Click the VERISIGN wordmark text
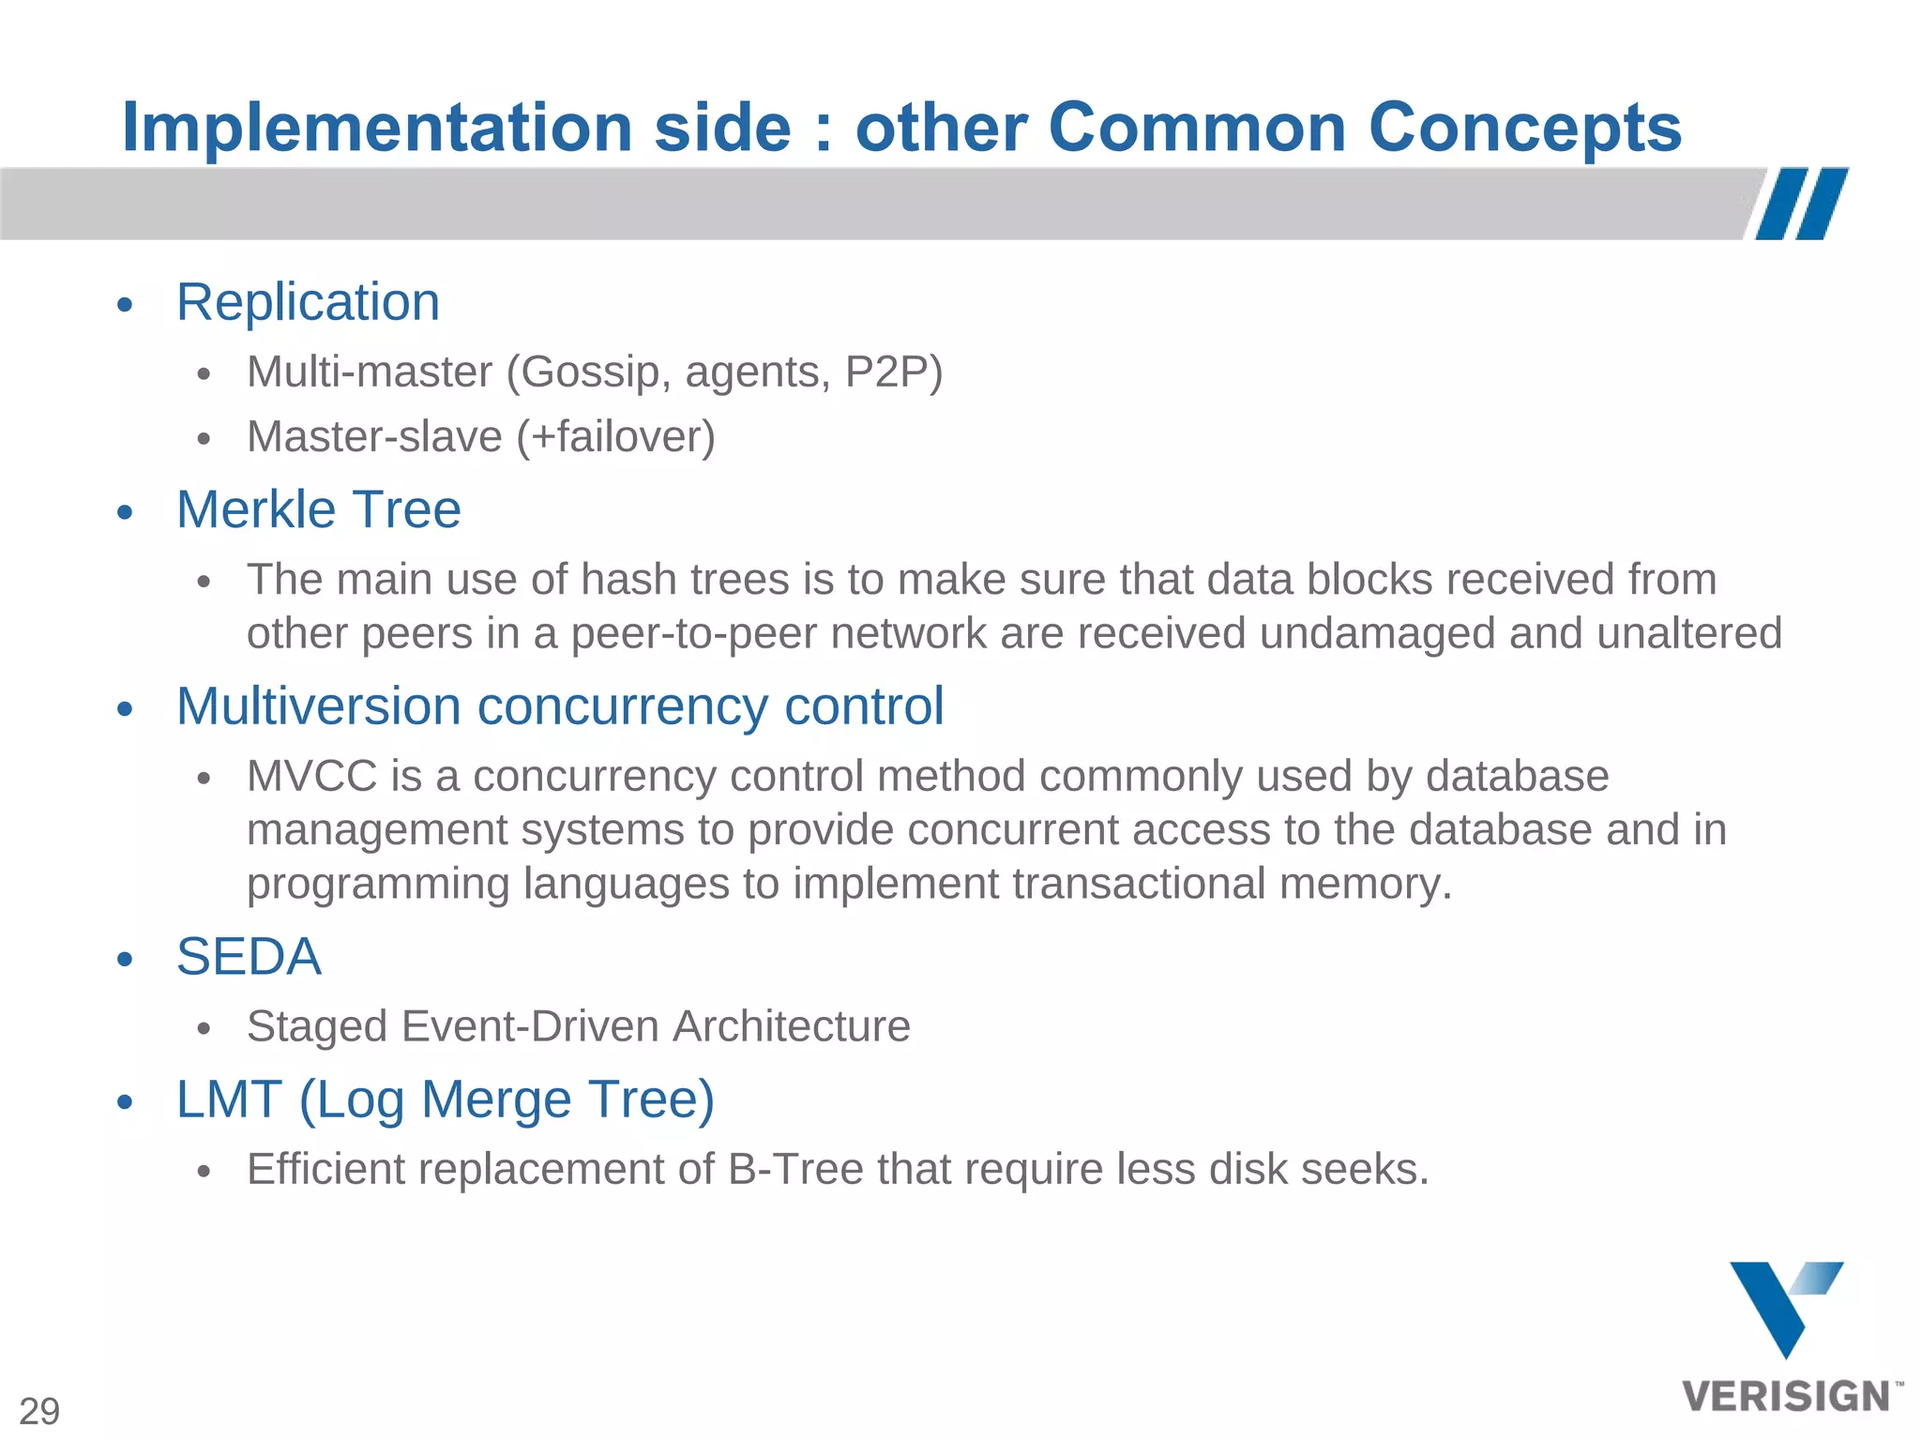click(x=1787, y=1397)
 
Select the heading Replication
click(x=308, y=303)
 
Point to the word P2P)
click(x=893, y=372)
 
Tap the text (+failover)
click(x=615, y=437)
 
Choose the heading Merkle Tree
click(x=318, y=510)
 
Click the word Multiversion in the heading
click(x=318, y=706)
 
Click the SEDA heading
click(x=249, y=957)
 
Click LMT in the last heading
click(x=229, y=1100)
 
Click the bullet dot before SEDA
click(x=126, y=960)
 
